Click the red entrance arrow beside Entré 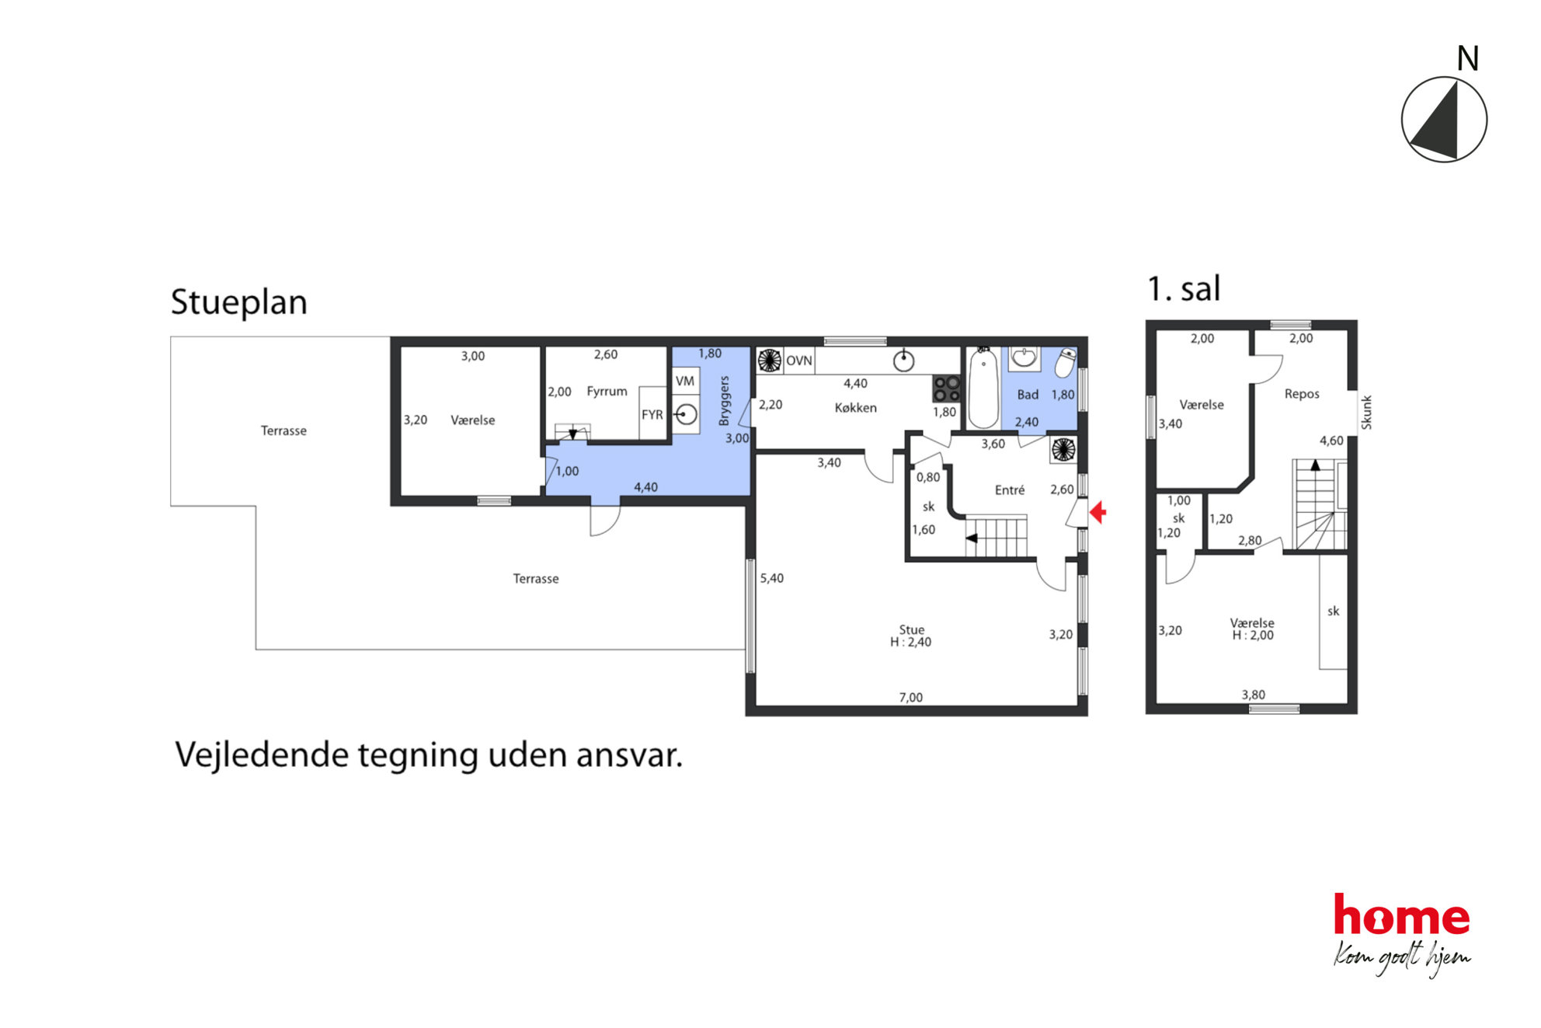1097,512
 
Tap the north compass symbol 1444,120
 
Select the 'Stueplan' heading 239,302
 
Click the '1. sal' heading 1184,288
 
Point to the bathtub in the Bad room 983,388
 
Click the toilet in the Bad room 1066,362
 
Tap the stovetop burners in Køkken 947,389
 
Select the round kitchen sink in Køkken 903,361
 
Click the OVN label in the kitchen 798,361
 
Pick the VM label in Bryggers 685,381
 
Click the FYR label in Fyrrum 652,415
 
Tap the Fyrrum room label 607,392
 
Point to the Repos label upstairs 1302,394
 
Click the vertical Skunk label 1366,413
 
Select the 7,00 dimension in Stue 911,698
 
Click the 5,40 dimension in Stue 772,578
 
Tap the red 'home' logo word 1402,915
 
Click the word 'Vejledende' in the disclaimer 262,755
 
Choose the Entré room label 1010,490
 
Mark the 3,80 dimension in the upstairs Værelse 1253,695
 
